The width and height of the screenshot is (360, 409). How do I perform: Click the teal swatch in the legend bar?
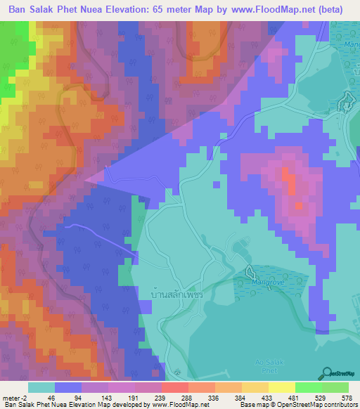click(x=41, y=387)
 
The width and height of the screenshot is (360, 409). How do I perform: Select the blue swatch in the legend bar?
click(x=68, y=387)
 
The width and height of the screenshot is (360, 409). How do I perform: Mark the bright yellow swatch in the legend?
click(x=282, y=387)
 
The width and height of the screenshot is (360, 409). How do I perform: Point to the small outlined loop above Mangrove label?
click(x=250, y=271)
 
